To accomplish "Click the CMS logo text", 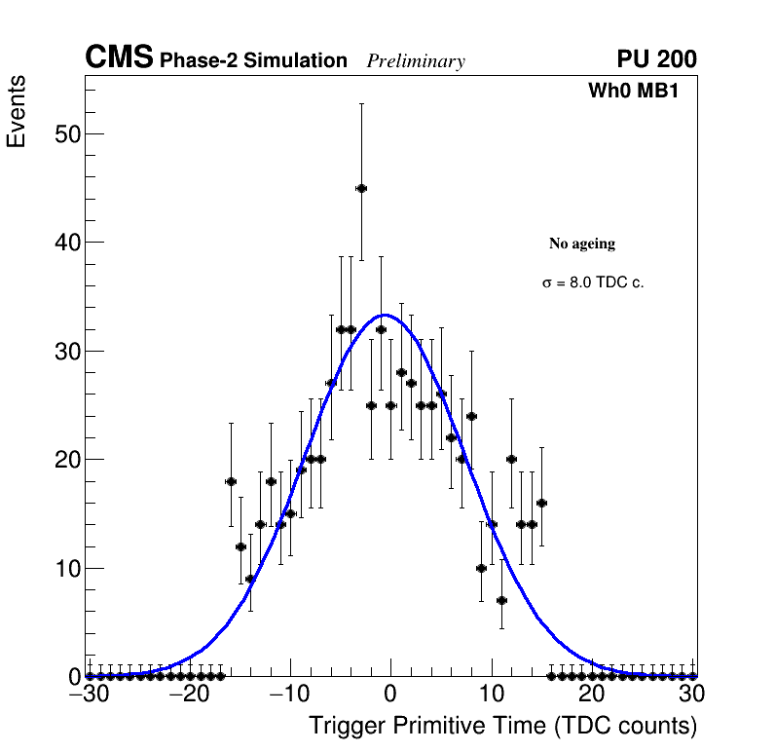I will (119, 58).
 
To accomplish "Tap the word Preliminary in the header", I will (416, 61).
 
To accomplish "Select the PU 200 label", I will (656, 59).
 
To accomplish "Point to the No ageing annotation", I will (582, 244).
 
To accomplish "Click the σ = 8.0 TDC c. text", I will (593, 282).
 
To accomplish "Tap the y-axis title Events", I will (17, 111).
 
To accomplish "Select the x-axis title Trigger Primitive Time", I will (502, 726).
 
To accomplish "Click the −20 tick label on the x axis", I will (189, 696).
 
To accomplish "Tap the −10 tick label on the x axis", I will (289, 696).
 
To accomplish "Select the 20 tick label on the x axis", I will (591, 696).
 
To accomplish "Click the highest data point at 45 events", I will (361, 188).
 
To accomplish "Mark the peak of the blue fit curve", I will (385, 315).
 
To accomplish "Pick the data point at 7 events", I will (501, 600).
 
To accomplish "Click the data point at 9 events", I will (250, 579).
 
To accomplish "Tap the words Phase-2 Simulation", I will (253, 61).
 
